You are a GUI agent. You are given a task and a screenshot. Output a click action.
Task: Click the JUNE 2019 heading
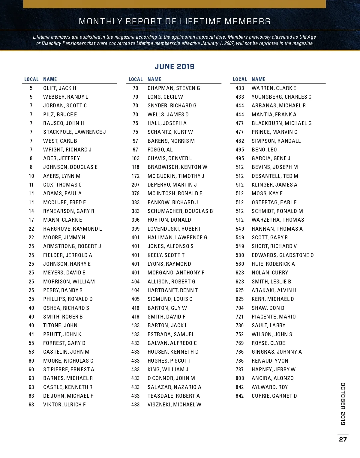tap(175, 67)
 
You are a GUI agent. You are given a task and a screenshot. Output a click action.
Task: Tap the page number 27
tap(343, 439)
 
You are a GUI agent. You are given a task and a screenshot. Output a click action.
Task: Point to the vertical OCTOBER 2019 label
tap(343, 404)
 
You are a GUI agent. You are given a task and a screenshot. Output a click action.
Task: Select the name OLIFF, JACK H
tap(60, 88)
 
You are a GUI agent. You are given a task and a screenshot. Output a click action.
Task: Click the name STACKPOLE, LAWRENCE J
tap(74, 132)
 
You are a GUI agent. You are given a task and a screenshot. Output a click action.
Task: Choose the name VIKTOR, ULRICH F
tap(64, 405)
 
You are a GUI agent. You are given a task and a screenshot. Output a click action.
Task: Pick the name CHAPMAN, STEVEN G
tap(174, 88)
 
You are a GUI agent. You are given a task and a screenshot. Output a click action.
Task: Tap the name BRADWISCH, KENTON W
tap(177, 167)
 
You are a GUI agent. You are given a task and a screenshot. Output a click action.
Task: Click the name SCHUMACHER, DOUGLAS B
tap(180, 211)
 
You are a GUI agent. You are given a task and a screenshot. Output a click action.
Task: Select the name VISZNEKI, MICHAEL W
tap(174, 405)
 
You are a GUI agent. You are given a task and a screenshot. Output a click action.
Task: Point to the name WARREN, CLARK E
tap(274, 88)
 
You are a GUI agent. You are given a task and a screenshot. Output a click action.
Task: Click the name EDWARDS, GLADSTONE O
tap(283, 255)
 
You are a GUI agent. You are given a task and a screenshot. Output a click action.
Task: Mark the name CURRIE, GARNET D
tap(274, 396)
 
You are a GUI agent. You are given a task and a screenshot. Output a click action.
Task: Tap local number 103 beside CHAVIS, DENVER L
tap(136, 158)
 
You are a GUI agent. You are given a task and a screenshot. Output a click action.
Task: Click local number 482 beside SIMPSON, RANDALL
tap(240, 141)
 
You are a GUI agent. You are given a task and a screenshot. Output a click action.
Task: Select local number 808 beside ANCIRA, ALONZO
tap(240, 378)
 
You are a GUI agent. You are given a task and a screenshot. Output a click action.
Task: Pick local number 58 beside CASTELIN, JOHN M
tap(31, 352)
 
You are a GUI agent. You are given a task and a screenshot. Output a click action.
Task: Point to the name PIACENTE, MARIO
tap(274, 317)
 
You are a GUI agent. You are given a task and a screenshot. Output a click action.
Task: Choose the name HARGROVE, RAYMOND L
tap(73, 229)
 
